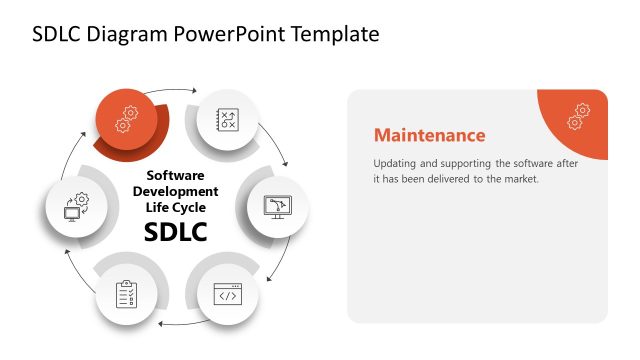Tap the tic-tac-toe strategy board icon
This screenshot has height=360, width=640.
point(229,120)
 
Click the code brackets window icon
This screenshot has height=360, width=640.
point(229,295)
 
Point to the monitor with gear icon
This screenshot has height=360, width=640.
point(76,207)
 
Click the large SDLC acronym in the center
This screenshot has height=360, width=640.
point(175,233)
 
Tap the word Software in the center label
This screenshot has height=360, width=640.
point(175,175)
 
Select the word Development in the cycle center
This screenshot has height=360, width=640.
point(175,191)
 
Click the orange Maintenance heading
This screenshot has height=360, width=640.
point(429,135)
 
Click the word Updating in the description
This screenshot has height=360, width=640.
point(396,163)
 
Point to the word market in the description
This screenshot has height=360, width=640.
point(519,179)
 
